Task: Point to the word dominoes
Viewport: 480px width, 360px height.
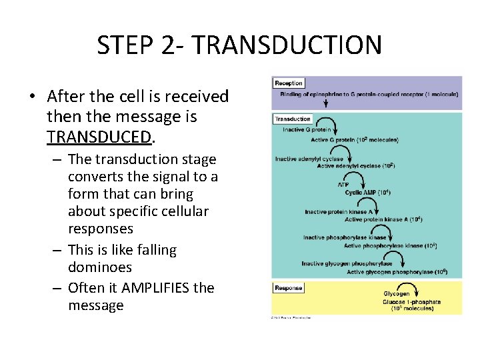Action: coord(100,267)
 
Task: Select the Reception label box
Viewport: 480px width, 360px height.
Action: coord(289,83)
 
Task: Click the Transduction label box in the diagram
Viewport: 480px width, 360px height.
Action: coord(293,119)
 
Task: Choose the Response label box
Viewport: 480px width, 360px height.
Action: coord(289,288)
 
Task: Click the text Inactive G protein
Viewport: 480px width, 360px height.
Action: coord(306,130)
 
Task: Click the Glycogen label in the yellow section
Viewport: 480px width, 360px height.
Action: coord(396,294)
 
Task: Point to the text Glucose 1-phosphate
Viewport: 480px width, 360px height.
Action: coord(411,302)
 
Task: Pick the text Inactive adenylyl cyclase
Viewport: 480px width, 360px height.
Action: coord(309,159)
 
